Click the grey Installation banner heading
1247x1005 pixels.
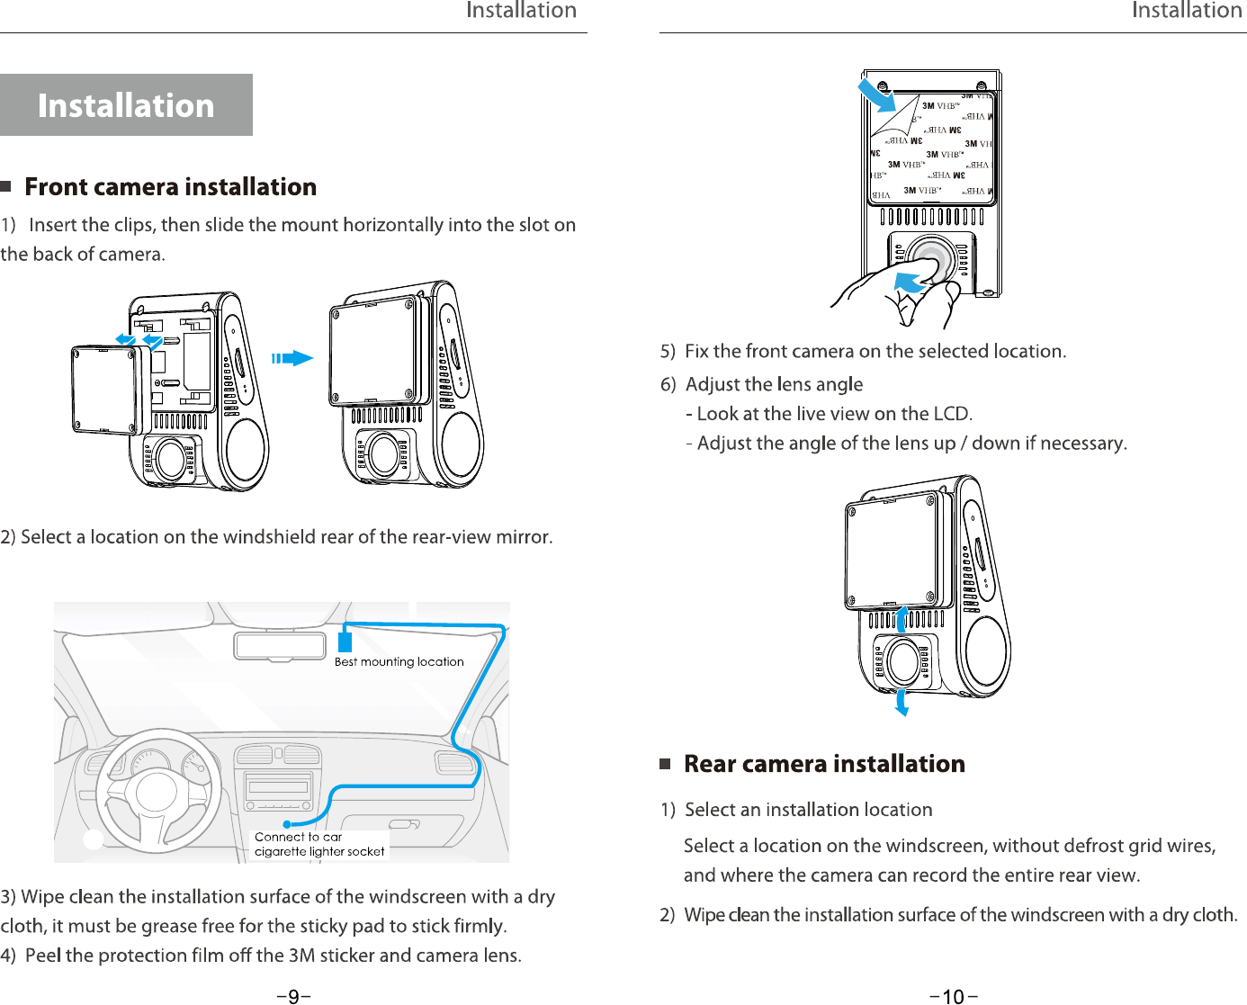click(126, 105)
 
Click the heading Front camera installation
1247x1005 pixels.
click(170, 187)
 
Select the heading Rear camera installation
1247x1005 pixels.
click(823, 764)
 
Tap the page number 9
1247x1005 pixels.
click(293, 996)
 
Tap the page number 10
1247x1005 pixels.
click(953, 996)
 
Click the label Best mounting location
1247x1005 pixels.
click(399, 662)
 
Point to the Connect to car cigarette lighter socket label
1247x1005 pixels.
click(319, 844)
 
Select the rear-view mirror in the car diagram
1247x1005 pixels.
click(280, 646)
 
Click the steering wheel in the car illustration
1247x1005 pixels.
click(158, 793)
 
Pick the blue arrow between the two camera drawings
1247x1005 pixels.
click(292, 358)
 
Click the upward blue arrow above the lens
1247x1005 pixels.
click(902, 620)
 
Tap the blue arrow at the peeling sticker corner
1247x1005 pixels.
click(876, 94)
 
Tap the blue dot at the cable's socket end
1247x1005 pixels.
click(287, 824)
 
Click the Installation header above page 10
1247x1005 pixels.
click(1186, 11)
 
